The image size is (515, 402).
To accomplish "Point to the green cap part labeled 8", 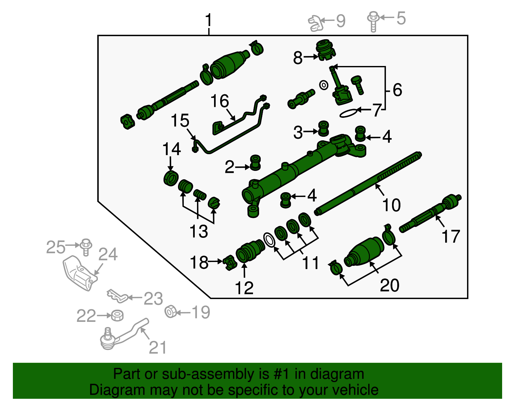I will (325, 50).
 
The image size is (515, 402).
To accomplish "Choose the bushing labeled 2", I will (255, 163).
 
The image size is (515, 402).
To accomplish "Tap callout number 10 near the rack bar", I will (391, 205).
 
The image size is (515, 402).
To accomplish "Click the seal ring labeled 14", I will (171, 178).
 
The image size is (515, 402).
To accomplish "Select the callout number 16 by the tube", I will (220, 101).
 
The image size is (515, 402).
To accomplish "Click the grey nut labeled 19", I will (171, 312).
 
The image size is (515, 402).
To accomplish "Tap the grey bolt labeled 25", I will (86, 247).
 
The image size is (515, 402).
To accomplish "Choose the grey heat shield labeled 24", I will (79, 272).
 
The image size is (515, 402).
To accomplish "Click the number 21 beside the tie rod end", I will (158, 348).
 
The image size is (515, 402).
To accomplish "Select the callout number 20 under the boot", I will (389, 285).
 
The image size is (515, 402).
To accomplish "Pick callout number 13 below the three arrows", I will (199, 231).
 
